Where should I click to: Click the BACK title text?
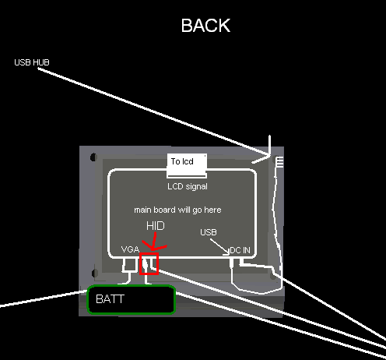click(205, 26)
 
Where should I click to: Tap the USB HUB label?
click(32, 62)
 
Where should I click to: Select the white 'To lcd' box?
click(187, 165)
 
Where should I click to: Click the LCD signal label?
click(188, 186)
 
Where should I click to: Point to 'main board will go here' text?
click(177, 210)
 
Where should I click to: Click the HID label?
click(156, 226)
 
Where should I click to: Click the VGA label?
click(130, 249)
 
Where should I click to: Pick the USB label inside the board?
click(209, 232)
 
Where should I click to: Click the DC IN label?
click(240, 250)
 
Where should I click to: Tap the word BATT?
click(110, 299)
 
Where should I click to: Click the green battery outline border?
click(132, 286)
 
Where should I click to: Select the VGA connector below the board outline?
click(129, 265)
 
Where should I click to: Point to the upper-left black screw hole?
click(93, 157)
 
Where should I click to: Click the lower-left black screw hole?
click(95, 273)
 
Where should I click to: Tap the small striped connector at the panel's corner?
click(279, 162)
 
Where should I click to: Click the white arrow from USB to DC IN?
click(219, 246)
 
